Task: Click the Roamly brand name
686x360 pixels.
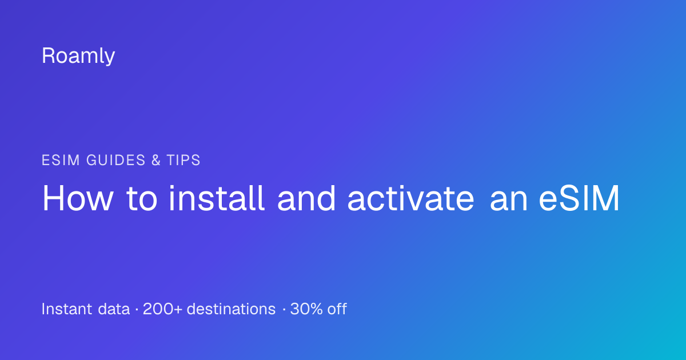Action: (78, 56)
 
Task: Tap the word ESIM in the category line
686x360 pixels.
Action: (61, 160)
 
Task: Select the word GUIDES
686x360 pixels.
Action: (115, 160)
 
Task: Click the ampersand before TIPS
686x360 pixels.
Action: (156, 160)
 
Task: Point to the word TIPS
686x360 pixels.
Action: (184, 160)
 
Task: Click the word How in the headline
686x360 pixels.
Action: (78, 198)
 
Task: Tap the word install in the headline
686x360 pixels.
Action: (217, 198)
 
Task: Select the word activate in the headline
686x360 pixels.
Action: (410, 198)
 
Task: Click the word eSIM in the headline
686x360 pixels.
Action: (579, 198)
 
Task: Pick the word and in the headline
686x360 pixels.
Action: (306, 198)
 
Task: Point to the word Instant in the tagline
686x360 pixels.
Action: (67, 309)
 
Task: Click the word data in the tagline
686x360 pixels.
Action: (114, 309)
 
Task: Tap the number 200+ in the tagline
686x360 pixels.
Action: (162, 309)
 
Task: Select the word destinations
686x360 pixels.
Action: (231, 309)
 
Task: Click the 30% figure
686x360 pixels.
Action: (306, 309)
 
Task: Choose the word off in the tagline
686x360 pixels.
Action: (337, 309)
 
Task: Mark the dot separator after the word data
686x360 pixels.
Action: (137, 310)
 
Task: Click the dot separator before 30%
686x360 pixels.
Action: (284, 310)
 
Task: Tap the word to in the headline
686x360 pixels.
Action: (142, 199)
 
